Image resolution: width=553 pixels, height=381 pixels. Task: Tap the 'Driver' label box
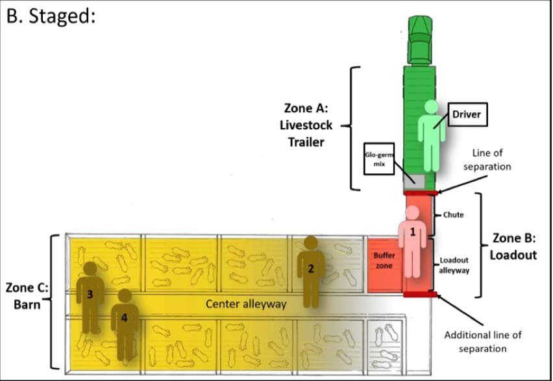(x=466, y=115)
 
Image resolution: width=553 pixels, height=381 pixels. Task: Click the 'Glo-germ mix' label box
(x=379, y=160)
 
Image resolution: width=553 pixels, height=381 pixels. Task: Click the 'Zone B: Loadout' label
(x=513, y=247)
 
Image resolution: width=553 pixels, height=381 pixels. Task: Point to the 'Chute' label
(x=453, y=215)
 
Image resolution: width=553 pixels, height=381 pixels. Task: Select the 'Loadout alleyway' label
(x=454, y=265)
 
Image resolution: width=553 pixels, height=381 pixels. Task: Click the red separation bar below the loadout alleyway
(x=420, y=295)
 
